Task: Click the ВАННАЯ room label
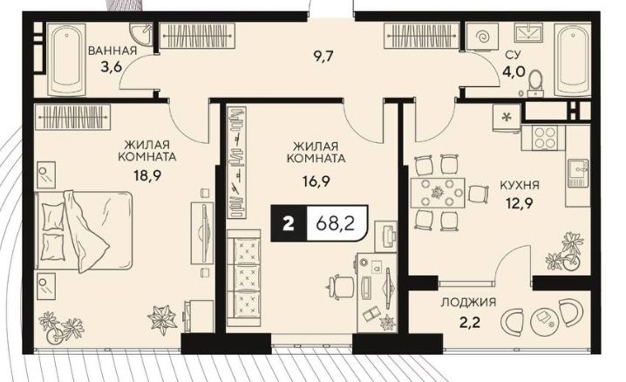point(112,51)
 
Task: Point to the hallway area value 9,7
point(323,56)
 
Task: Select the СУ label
point(512,54)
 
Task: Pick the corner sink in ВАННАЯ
point(141,33)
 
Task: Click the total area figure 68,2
point(336,223)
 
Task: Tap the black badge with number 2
point(289,223)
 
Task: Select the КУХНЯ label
point(520,185)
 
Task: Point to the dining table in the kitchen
point(438,193)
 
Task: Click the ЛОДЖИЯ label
point(468,302)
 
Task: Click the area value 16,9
point(316,181)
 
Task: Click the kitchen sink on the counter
point(577,173)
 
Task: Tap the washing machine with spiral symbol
point(483,37)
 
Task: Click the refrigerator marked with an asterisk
point(507,118)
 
